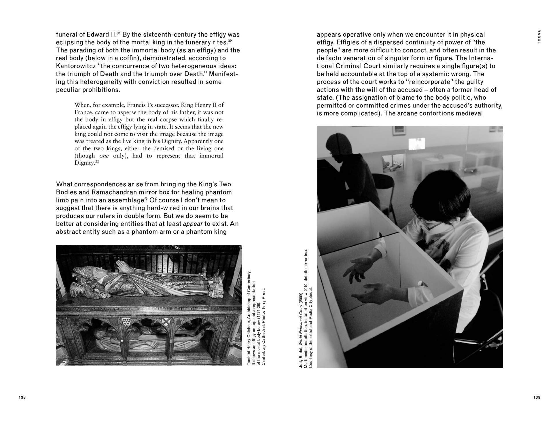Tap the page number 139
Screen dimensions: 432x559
click(x=537, y=397)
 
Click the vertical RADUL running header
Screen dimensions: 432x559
click(x=539, y=37)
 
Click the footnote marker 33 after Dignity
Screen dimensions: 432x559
click(x=97, y=162)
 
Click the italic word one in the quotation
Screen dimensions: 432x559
click(x=104, y=156)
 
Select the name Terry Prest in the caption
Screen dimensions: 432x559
click(x=264, y=300)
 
